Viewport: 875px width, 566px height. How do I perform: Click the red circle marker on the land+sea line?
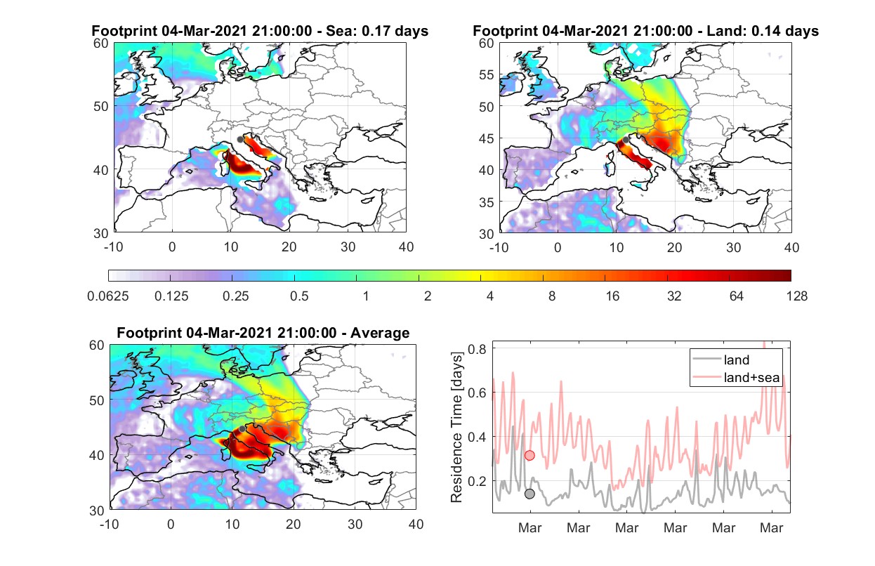point(529,456)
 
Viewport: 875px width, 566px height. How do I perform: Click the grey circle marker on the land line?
point(529,494)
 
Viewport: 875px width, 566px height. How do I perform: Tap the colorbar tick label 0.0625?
point(108,296)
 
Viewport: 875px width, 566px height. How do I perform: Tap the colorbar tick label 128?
point(796,296)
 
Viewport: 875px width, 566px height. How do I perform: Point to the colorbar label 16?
point(612,296)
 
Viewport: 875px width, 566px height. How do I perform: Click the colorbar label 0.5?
point(299,296)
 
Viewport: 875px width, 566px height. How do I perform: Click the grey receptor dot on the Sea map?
point(240,140)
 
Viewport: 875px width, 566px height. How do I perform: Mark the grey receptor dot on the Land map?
point(626,140)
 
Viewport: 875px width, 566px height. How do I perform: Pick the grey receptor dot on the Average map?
point(242,429)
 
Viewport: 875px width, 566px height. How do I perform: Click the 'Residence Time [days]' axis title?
point(456,428)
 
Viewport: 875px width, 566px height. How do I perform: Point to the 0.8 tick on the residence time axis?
point(477,349)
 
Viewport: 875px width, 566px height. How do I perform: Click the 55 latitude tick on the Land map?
point(487,74)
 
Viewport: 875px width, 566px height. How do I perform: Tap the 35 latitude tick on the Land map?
point(487,202)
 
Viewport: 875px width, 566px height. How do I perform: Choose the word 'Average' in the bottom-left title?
point(380,333)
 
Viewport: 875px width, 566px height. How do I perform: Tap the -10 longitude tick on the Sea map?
point(113,247)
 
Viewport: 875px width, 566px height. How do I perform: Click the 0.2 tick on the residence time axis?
point(477,481)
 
